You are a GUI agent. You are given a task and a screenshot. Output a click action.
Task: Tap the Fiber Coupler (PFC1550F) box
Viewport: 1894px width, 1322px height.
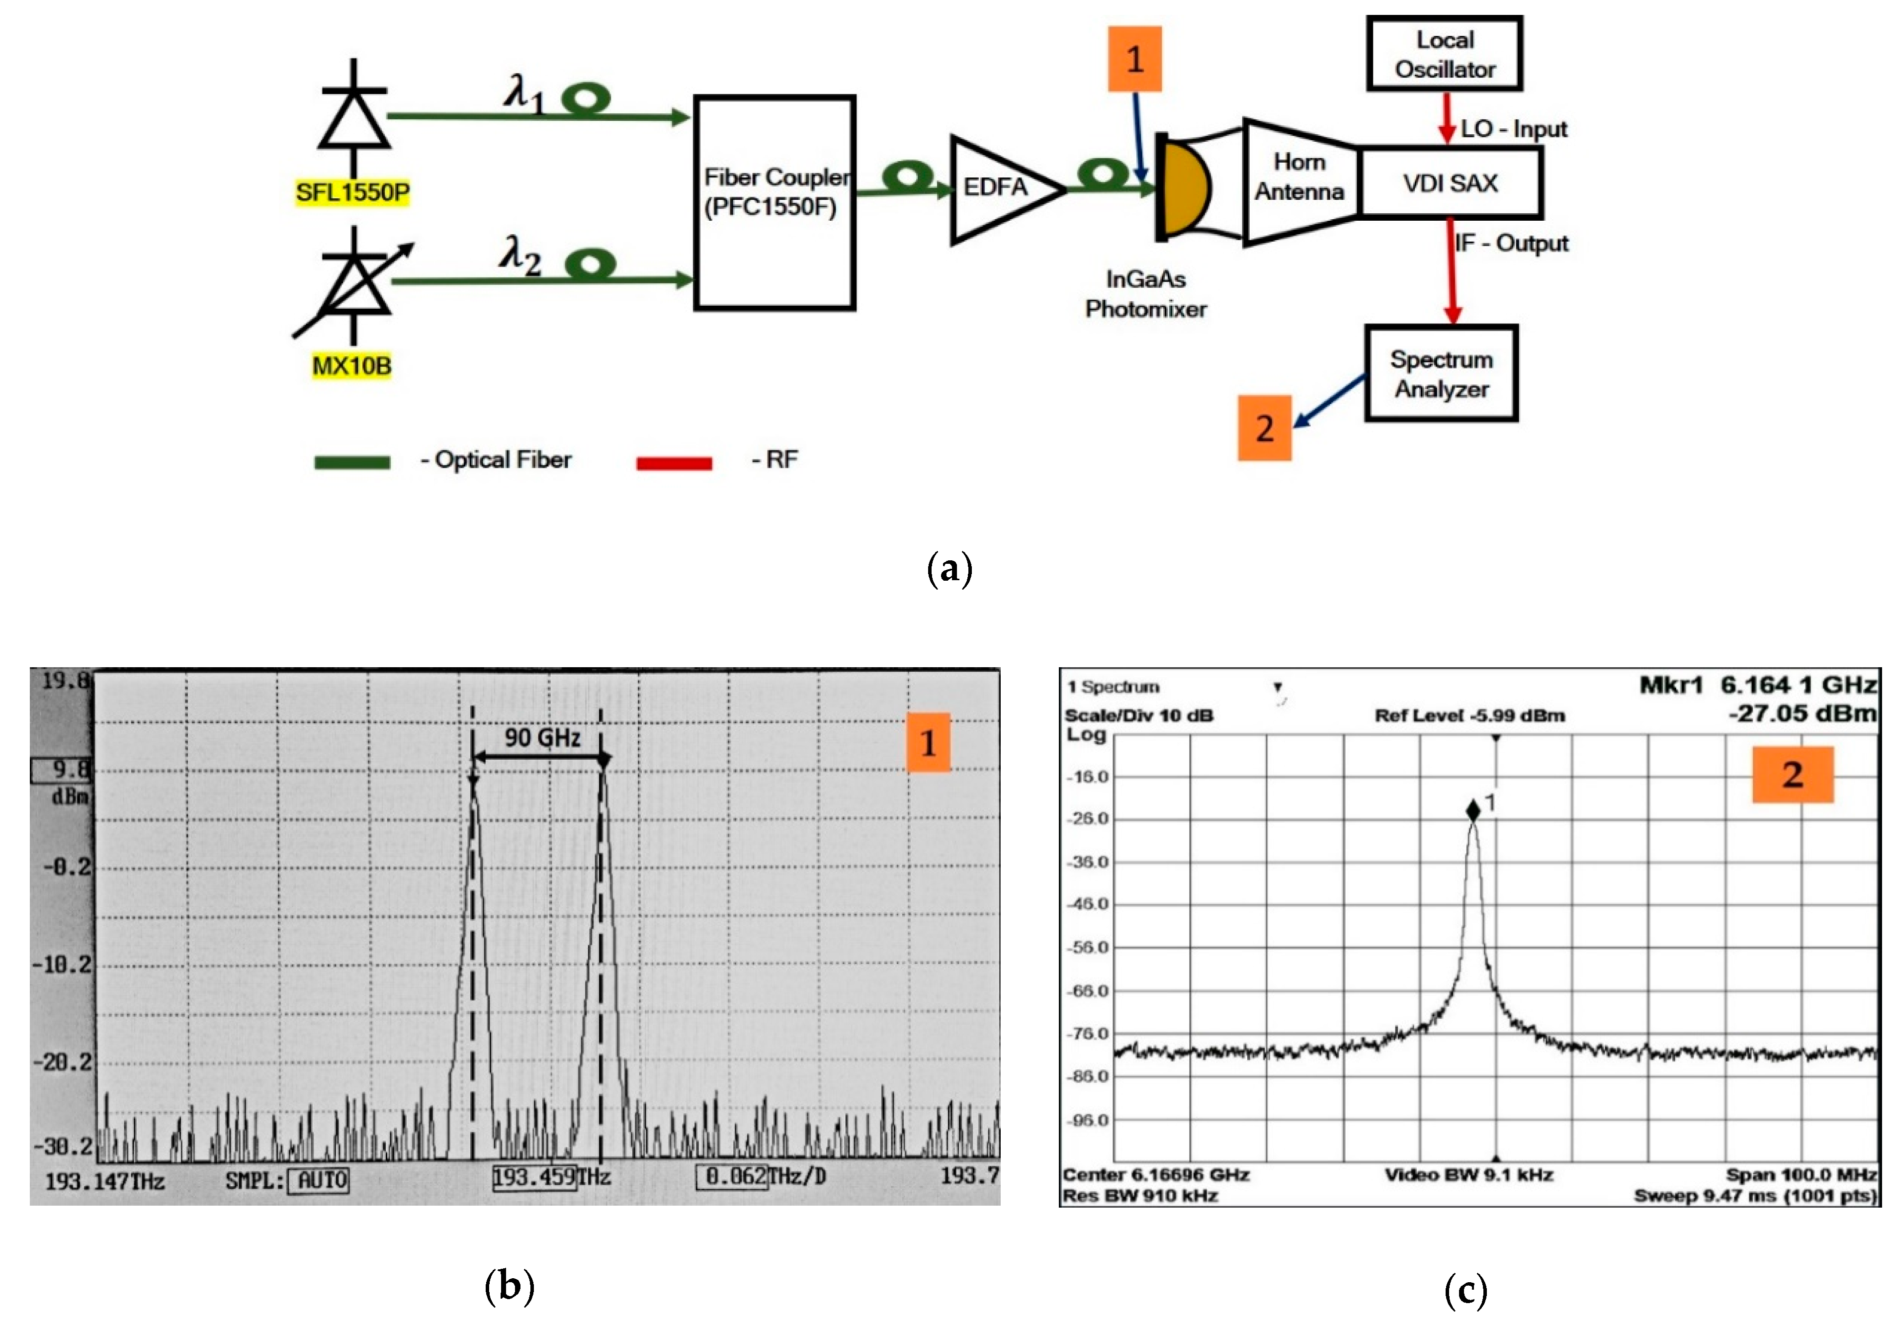point(774,202)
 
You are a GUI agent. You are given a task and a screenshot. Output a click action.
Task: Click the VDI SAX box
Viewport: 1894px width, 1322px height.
point(1450,183)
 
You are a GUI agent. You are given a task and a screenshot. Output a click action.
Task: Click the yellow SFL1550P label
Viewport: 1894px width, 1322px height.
point(352,192)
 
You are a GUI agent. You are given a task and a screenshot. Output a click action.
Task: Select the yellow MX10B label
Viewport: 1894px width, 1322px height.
point(351,365)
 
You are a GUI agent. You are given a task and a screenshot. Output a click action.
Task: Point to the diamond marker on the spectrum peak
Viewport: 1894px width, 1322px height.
point(1473,810)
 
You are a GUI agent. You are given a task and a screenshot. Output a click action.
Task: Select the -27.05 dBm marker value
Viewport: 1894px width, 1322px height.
point(1803,713)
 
